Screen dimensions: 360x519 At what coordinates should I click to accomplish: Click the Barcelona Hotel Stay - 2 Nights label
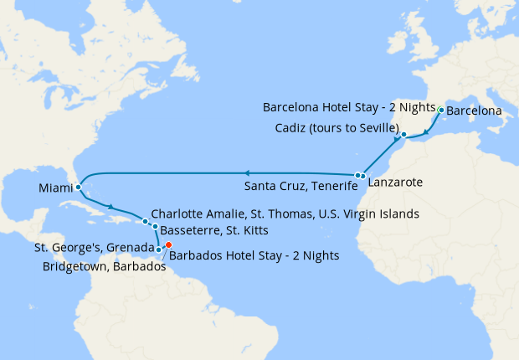coord(349,108)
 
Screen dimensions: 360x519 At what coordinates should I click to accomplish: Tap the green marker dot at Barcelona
coord(441,110)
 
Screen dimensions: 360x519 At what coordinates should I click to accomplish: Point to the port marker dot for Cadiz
coord(403,135)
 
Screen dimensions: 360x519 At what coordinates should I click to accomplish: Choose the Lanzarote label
coord(393,182)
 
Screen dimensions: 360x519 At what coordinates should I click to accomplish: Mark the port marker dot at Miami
coord(78,188)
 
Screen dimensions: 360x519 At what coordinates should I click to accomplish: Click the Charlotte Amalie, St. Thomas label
coord(285,214)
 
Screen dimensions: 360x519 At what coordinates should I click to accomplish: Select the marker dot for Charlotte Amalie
coord(146,222)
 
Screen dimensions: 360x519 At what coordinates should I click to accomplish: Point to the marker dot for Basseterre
coord(155,227)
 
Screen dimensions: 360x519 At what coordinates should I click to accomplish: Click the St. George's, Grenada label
coord(93,248)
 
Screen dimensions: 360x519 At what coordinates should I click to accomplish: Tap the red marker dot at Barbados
coord(168,245)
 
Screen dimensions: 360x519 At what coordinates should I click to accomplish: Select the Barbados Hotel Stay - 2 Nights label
coord(254,256)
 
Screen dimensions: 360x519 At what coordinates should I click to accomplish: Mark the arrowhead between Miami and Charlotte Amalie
coord(110,206)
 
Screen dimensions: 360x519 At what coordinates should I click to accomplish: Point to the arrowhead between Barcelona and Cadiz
coord(427,131)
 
